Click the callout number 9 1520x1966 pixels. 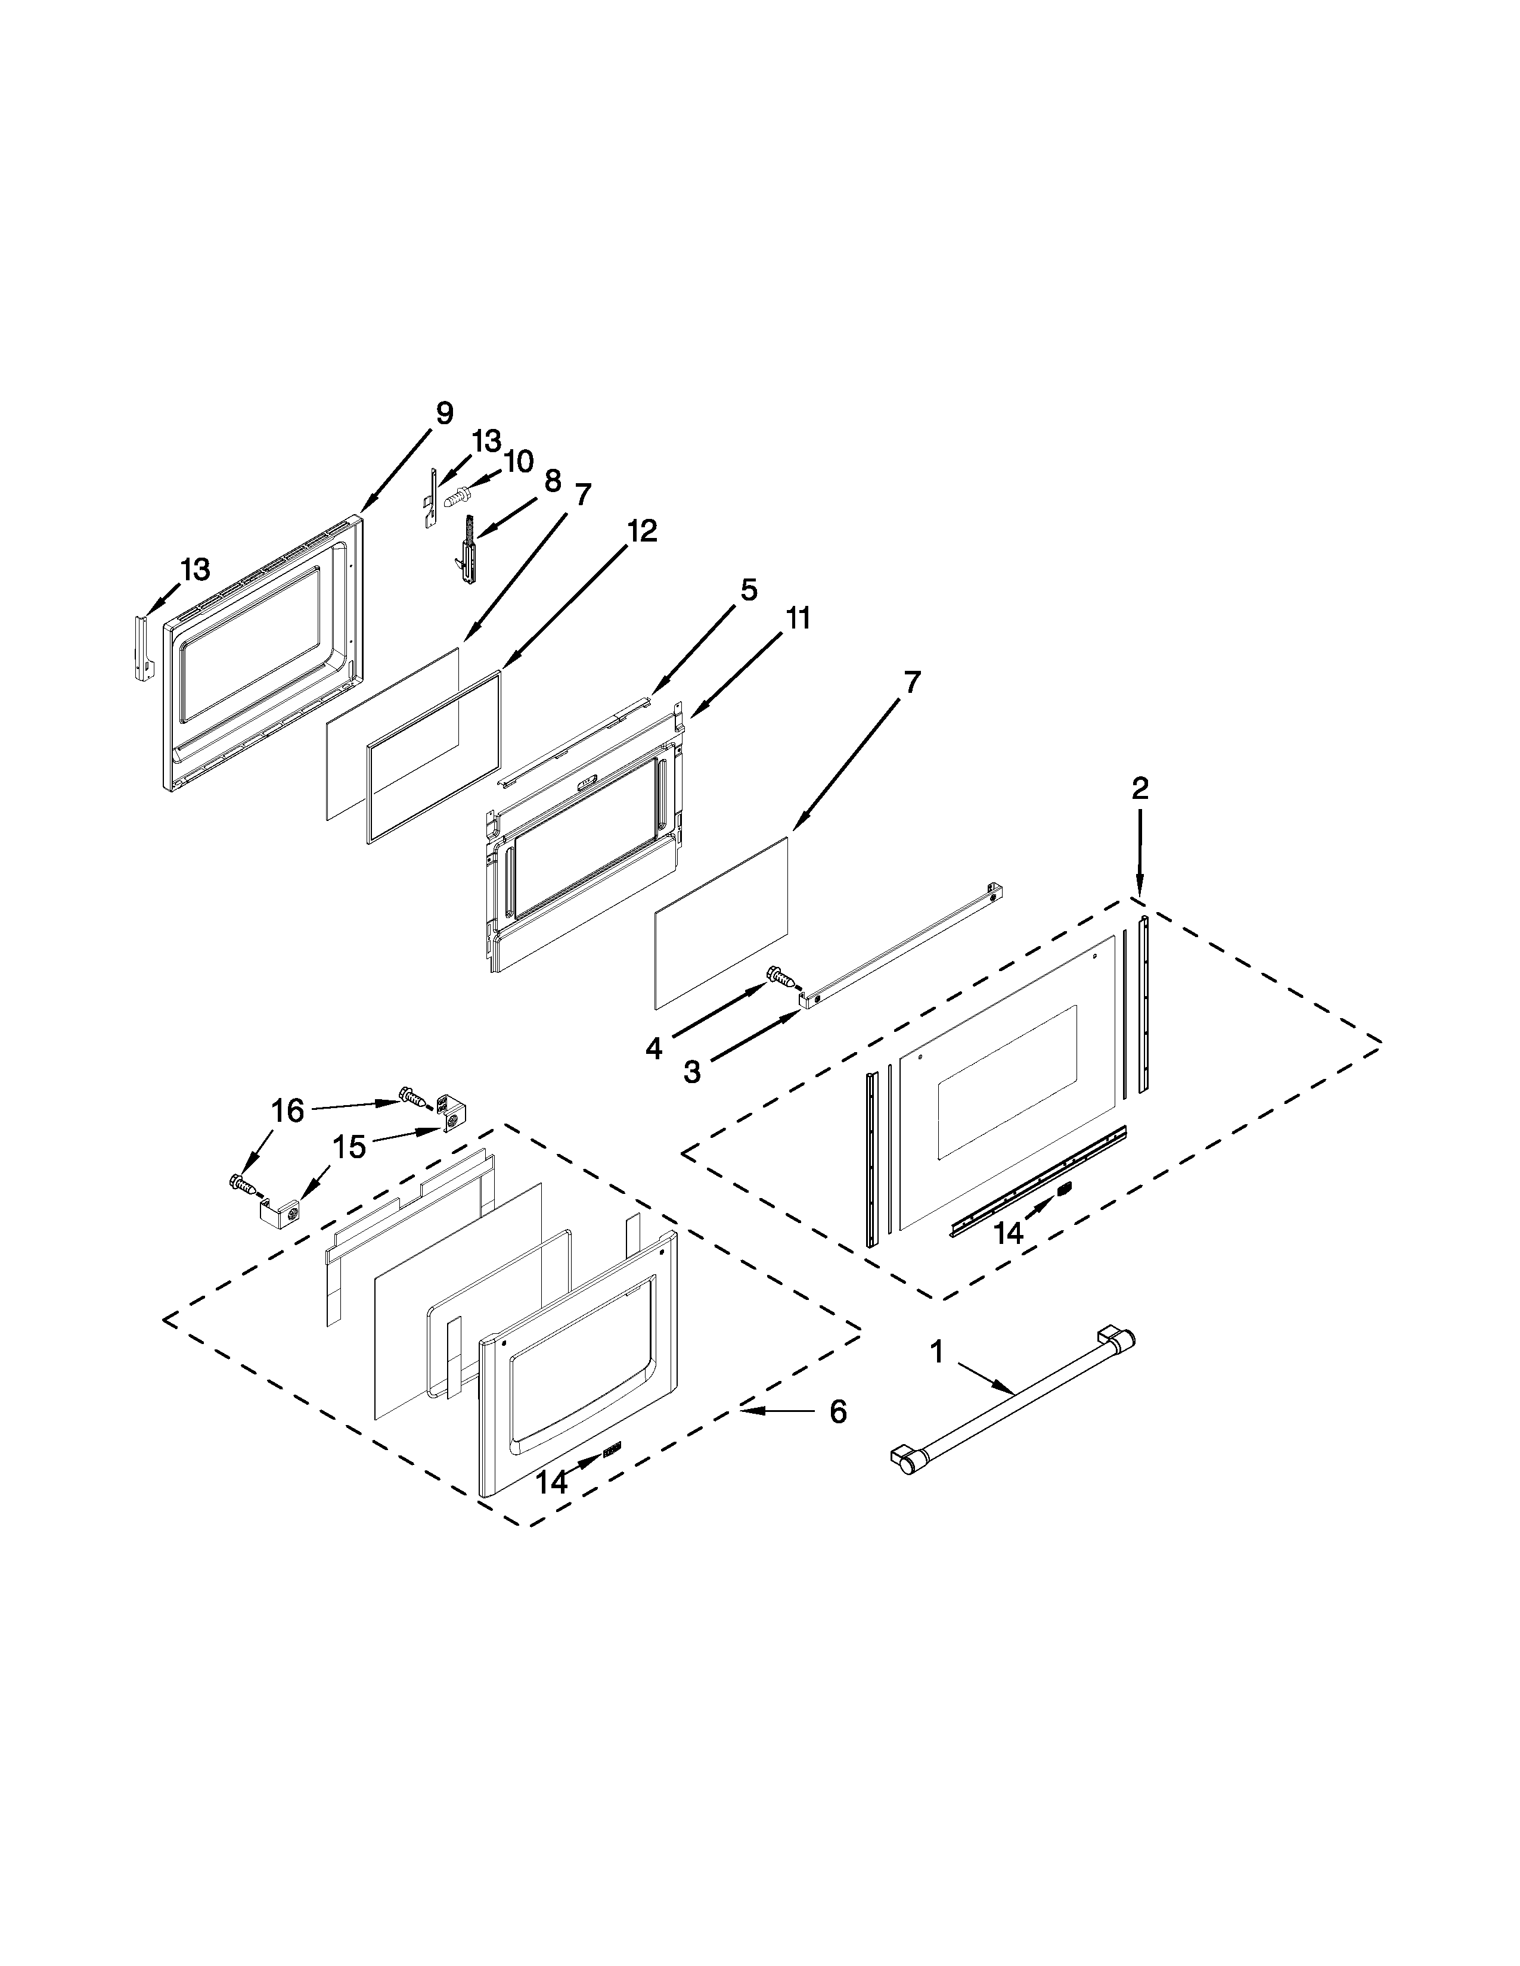pyautogui.click(x=444, y=413)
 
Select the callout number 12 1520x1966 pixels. pyautogui.click(x=641, y=530)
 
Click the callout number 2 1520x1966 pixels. pyautogui.click(x=1139, y=789)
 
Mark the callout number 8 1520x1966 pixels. pyautogui.click(x=552, y=481)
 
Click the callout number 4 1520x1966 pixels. pyautogui.click(x=654, y=1048)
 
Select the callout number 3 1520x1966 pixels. pyautogui.click(x=691, y=1072)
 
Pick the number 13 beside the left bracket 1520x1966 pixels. pyautogui.click(x=196, y=569)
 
